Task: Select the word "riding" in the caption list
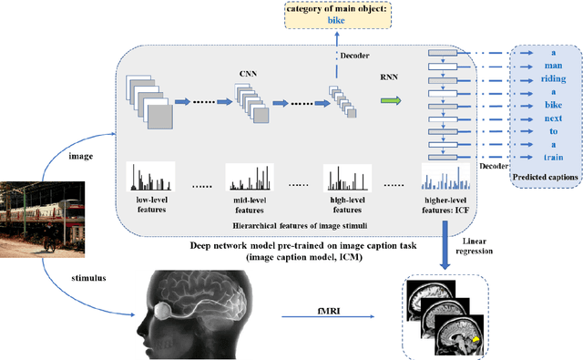click(x=547, y=80)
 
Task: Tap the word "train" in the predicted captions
click(x=547, y=157)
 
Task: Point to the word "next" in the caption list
click(x=547, y=118)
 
